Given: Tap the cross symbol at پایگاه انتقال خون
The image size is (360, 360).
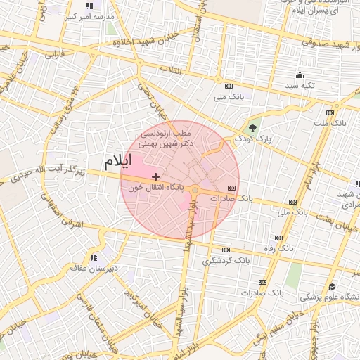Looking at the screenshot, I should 155,176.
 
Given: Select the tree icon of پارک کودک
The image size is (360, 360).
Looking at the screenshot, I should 252,127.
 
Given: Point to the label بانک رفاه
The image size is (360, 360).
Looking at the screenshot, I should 295,249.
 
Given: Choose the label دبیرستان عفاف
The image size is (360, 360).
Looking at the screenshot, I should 94,268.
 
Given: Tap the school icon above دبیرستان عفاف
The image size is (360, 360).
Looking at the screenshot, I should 94,257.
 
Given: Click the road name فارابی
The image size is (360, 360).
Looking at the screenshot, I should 55,53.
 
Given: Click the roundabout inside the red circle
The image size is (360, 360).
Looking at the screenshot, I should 195,189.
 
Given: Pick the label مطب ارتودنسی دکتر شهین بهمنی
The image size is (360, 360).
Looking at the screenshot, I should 165,137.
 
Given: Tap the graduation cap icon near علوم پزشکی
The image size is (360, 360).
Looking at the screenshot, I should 332,286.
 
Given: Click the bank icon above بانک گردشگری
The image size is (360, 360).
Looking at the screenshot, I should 226,250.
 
